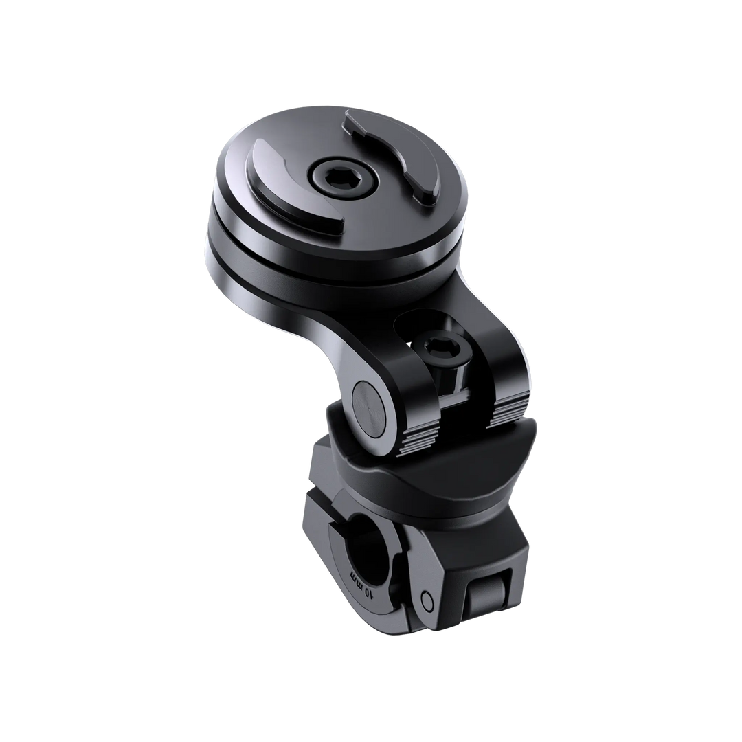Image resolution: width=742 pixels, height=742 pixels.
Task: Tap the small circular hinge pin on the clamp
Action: (427, 599)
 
